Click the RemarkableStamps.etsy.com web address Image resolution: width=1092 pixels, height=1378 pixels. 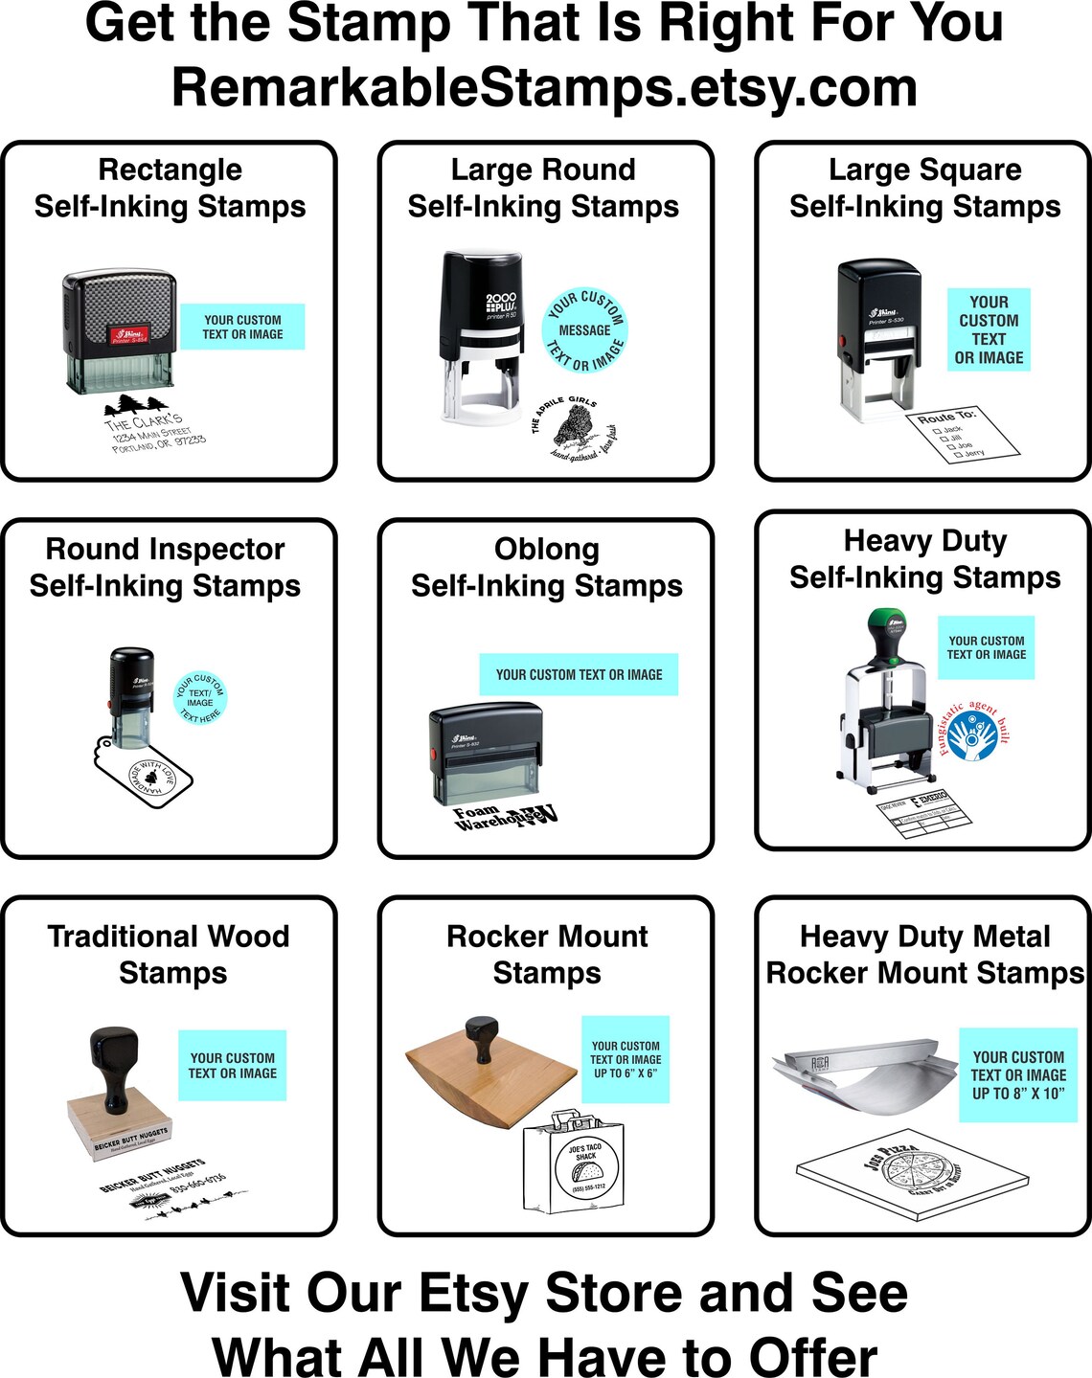pyautogui.click(x=544, y=88)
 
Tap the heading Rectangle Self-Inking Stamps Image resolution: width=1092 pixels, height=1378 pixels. pyautogui.click(x=170, y=188)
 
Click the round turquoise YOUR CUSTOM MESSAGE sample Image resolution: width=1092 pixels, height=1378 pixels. pyautogui.click(x=585, y=330)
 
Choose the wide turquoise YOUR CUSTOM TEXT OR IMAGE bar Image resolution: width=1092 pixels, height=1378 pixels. pyautogui.click(x=579, y=674)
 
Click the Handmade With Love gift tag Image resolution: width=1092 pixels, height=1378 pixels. pyautogui.click(x=145, y=773)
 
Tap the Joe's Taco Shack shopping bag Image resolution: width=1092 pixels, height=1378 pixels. pyautogui.click(x=579, y=1163)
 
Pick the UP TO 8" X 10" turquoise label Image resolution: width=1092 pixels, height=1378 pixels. pyautogui.click(x=1017, y=1075)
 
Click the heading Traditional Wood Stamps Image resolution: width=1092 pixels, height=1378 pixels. pyautogui.click(x=170, y=954)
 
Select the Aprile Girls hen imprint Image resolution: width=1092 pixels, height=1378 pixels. pyautogui.click(x=576, y=431)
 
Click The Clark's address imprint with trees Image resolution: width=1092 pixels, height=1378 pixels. pyautogui.click(x=152, y=425)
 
